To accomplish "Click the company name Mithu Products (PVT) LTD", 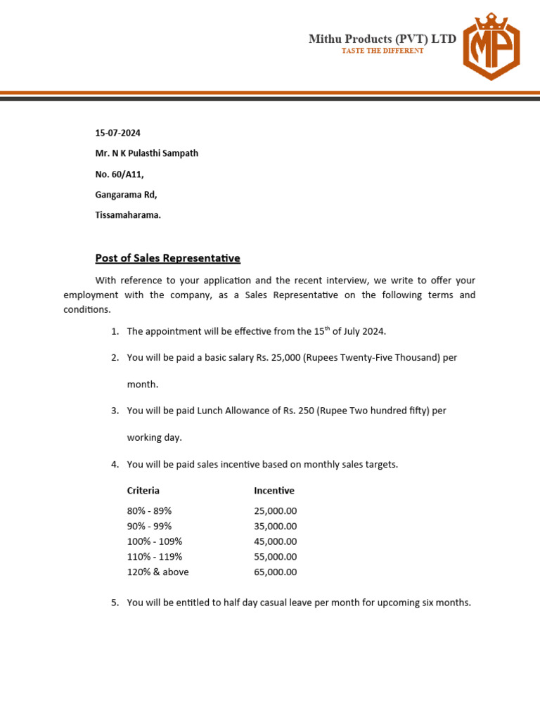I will click(382, 39).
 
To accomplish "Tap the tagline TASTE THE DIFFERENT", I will click(382, 51).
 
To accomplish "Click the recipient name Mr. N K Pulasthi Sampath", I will click(146, 153).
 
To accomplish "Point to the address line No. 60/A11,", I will click(120, 174).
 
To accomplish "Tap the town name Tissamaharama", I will click(128, 215).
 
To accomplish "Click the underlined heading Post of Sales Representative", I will click(167, 259).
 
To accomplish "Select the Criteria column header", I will click(143, 491).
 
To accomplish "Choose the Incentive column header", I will click(274, 491).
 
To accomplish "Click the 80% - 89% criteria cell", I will click(149, 511).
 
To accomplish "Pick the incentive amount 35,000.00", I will click(275, 527).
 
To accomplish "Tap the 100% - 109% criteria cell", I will click(154, 541).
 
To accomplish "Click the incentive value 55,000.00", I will click(275, 557).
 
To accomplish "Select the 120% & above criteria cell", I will click(157, 572).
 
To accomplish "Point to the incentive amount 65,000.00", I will click(275, 572).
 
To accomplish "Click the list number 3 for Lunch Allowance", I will click(115, 411).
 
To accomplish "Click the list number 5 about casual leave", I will click(115, 603).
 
